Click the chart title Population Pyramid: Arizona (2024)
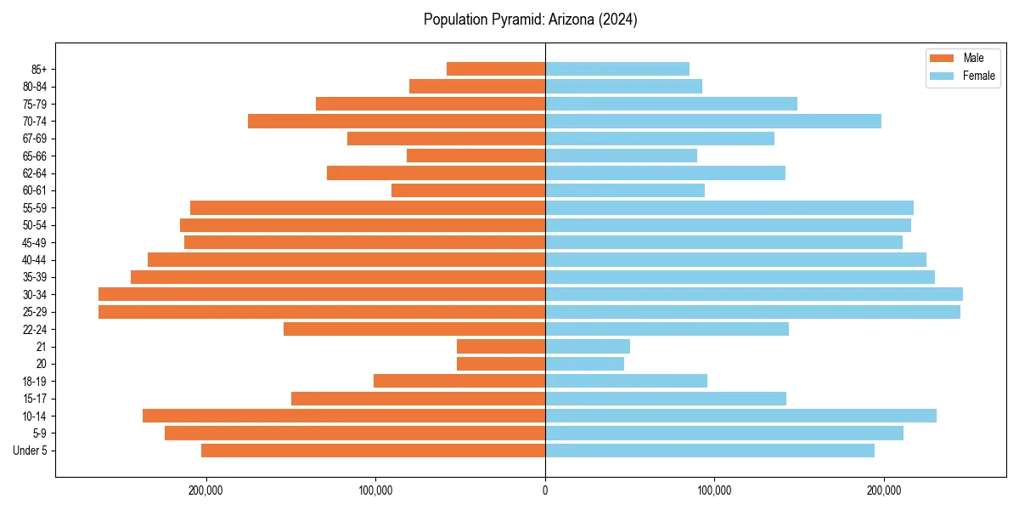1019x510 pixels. (x=530, y=20)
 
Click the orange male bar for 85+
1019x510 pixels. (x=495, y=69)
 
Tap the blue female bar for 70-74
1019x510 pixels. (x=712, y=121)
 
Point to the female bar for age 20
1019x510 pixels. (x=584, y=364)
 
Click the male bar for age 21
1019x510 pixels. (x=500, y=346)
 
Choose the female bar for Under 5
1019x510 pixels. (x=709, y=450)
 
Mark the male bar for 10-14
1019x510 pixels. (x=343, y=416)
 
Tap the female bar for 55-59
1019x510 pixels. (x=729, y=207)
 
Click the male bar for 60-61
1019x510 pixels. (x=468, y=190)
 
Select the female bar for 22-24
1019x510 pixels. (x=667, y=329)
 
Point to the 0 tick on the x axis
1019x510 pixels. (x=545, y=490)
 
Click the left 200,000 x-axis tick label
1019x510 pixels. (x=205, y=490)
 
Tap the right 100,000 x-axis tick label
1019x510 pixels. (x=714, y=490)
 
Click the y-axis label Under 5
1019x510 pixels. (x=30, y=450)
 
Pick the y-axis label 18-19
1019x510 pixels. (x=33, y=381)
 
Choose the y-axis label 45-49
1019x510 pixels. (x=33, y=242)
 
